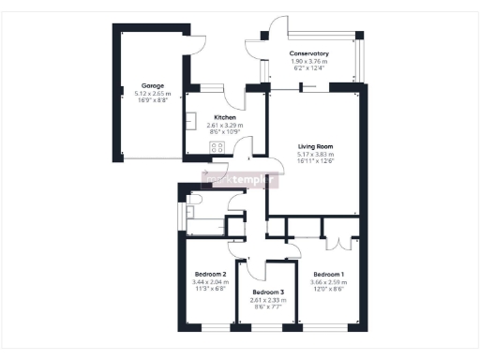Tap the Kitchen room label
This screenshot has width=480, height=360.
coord(224,117)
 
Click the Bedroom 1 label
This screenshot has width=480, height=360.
coord(328,274)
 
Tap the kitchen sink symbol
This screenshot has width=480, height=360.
coord(190,123)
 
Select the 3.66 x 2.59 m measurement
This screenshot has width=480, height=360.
coord(328,281)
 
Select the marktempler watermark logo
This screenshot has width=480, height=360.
coord(240,177)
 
